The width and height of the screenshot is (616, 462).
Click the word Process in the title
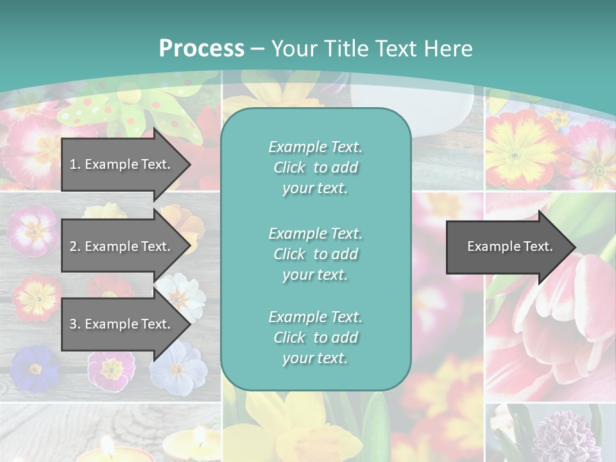pyautogui.click(x=201, y=49)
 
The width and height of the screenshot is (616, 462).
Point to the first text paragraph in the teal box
pyautogui.click(x=315, y=167)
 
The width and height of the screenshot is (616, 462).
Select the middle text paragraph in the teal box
pyautogui.click(x=315, y=254)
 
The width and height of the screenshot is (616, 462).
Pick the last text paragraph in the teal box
pyautogui.click(x=315, y=338)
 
